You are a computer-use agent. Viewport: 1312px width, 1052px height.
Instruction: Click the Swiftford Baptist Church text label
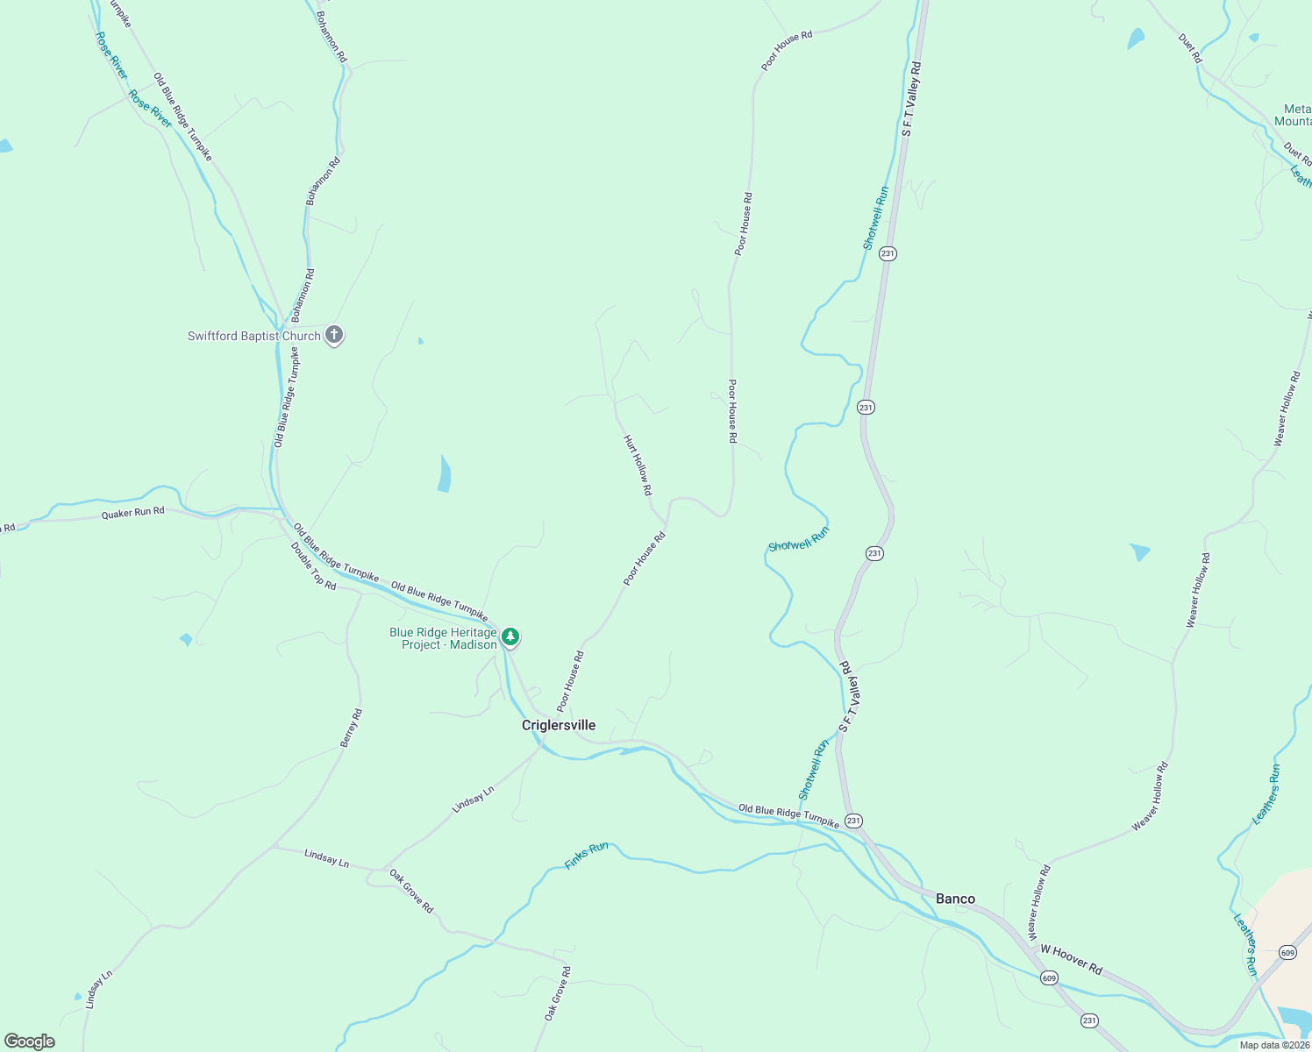pos(253,336)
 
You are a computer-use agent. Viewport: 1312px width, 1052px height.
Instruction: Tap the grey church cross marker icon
pos(333,335)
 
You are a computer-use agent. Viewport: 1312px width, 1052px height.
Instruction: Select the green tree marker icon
pos(510,637)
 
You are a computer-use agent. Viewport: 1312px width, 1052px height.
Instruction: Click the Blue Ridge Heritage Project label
pos(443,638)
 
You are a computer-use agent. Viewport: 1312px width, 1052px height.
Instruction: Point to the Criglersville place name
pos(559,725)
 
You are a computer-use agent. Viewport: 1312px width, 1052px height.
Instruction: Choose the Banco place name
pos(955,899)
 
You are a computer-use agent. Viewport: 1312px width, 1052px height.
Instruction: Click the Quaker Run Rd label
pos(132,513)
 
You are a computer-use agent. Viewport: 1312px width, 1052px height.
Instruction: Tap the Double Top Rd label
pos(313,566)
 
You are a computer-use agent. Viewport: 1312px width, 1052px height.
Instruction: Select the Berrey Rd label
pos(351,729)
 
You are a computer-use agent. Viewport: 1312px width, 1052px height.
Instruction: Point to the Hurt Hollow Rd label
pos(638,466)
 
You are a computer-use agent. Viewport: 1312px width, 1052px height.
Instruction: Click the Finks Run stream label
pos(587,855)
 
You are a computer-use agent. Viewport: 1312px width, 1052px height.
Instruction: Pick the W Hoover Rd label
pos(1071,958)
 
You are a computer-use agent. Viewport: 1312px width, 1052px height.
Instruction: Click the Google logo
pos(30,1041)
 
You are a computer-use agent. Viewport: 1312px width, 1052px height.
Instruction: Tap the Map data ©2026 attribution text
pos(1274,1045)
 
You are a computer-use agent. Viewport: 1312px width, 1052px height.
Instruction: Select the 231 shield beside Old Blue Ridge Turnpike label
pos(853,821)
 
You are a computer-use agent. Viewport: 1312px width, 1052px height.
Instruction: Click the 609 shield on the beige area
pos(1287,952)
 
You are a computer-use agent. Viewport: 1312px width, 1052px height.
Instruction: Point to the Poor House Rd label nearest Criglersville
pos(570,681)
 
